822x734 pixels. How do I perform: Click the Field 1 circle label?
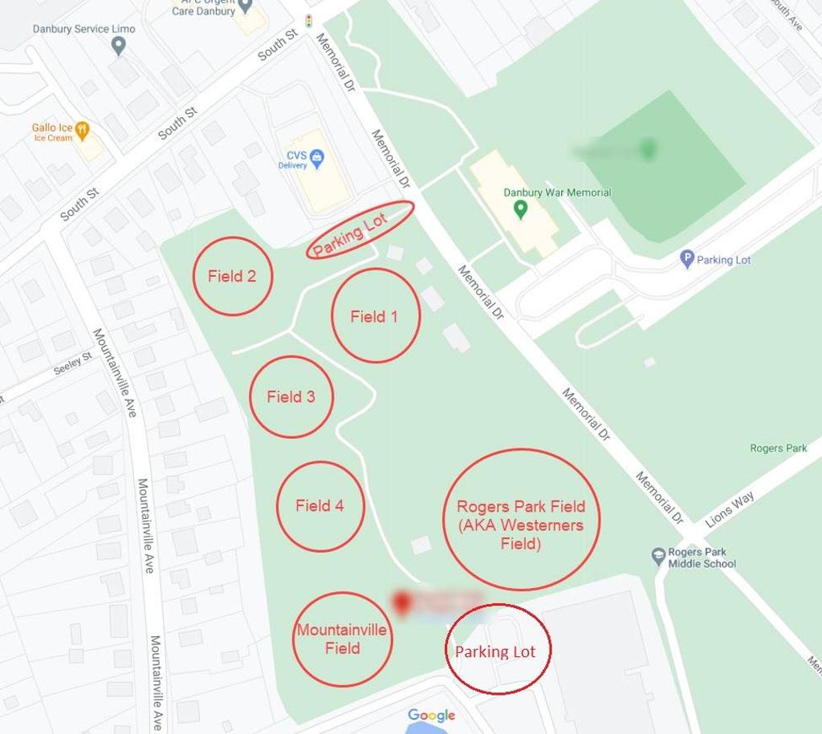374,316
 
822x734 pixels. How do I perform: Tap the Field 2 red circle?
232,276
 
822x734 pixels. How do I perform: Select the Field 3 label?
291,396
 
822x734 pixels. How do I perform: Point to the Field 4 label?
319,505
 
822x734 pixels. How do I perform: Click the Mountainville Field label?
342,639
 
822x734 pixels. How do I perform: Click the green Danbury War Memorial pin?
520,210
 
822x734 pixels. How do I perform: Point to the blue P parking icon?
686,259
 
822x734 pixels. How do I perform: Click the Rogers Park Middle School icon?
658,556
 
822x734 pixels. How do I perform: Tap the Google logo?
431,715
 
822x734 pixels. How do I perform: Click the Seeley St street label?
73,364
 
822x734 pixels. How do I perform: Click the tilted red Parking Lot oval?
360,230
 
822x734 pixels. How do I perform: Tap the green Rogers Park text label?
778,448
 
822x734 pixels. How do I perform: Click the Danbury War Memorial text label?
557,193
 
